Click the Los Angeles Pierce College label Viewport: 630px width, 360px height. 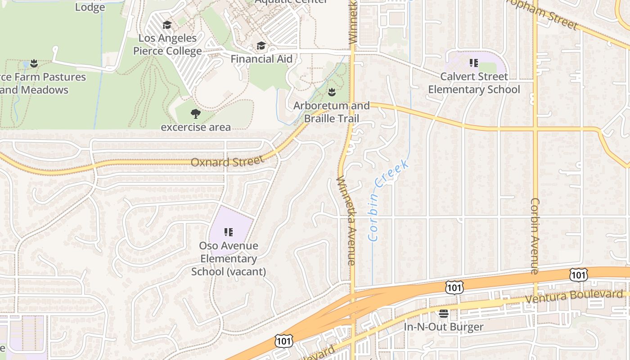tap(167, 45)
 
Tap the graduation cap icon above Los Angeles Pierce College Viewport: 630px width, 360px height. tap(167, 25)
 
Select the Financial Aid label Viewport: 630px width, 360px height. tap(261, 59)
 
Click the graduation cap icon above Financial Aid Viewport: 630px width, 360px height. tap(261, 45)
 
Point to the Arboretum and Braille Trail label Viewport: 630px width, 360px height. tap(332, 112)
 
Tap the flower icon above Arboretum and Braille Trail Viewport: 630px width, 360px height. tap(332, 92)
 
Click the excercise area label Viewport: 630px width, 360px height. tap(196, 127)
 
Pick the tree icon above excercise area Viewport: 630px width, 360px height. tap(196, 113)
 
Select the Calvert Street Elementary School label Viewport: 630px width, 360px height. tap(474, 83)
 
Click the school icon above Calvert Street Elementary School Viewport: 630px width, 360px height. tap(474, 63)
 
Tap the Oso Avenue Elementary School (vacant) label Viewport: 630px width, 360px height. tap(229, 259)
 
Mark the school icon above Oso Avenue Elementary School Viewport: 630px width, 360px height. tap(229, 232)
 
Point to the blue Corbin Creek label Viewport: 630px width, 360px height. tap(388, 200)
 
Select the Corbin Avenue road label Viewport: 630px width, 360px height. tap(535, 236)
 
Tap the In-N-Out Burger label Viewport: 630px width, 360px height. tap(443, 327)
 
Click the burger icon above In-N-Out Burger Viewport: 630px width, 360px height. tap(444, 313)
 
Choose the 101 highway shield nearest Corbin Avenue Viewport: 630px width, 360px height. tap(578, 274)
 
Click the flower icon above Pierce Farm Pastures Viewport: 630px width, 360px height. tap(34, 63)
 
